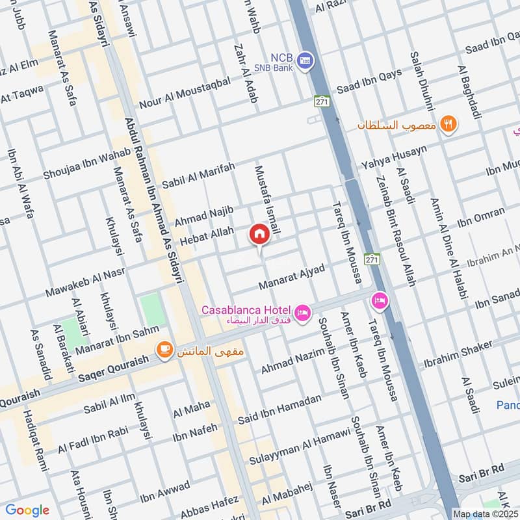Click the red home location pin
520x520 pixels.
[x=259, y=234]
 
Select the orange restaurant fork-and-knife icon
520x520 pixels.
[x=447, y=123]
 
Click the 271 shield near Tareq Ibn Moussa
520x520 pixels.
[x=371, y=258]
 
